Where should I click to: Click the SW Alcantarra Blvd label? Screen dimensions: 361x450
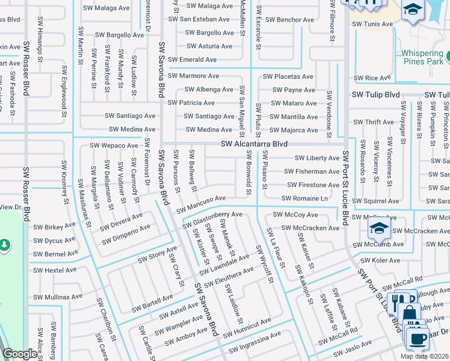click(x=253, y=144)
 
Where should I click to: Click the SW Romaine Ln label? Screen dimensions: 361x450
click(x=304, y=199)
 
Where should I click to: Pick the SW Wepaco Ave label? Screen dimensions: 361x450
click(x=114, y=146)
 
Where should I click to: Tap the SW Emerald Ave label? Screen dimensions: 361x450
click(x=192, y=60)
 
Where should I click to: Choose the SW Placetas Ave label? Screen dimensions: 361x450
click(x=288, y=77)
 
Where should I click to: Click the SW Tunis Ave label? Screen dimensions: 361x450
click(x=372, y=24)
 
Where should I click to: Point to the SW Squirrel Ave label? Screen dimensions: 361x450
click(x=375, y=201)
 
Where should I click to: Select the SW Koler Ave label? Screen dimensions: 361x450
click(x=378, y=261)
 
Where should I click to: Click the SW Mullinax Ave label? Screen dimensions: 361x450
click(x=58, y=297)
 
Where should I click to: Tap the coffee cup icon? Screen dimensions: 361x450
click(x=416, y=336)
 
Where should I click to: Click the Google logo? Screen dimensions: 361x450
click(x=20, y=354)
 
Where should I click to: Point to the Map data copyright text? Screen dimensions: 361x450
click(x=424, y=356)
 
